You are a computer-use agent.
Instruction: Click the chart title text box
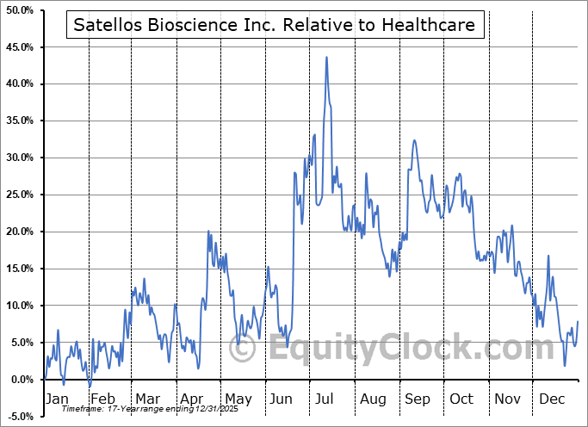pyautogui.click(x=275, y=26)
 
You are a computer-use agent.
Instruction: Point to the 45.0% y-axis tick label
pyautogui.click(x=20, y=47)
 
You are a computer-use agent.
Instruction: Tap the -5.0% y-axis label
pyautogui.click(x=22, y=417)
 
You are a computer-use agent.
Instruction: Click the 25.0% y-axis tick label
pyautogui.click(x=20, y=195)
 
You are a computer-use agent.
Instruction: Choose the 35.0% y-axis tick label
pyautogui.click(x=20, y=121)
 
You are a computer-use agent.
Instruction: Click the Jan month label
pyautogui.click(x=56, y=399)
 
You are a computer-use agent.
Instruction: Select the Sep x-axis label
pyautogui.click(x=418, y=399)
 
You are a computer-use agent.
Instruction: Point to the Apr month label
pyautogui.click(x=192, y=399)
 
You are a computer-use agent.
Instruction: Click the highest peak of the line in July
pyautogui.click(x=326, y=58)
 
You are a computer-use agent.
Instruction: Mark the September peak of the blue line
pyautogui.click(x=414, y=140)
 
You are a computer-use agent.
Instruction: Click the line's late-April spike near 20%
pyautogui.click(x=208, y=232)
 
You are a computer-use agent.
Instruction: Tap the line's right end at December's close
pyautogui.click(x=578, y=321)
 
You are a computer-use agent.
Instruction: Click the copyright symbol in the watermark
pyautogui.click(x=244, y=349)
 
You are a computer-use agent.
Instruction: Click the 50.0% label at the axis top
pyautogui.click(x=20, y=10)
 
